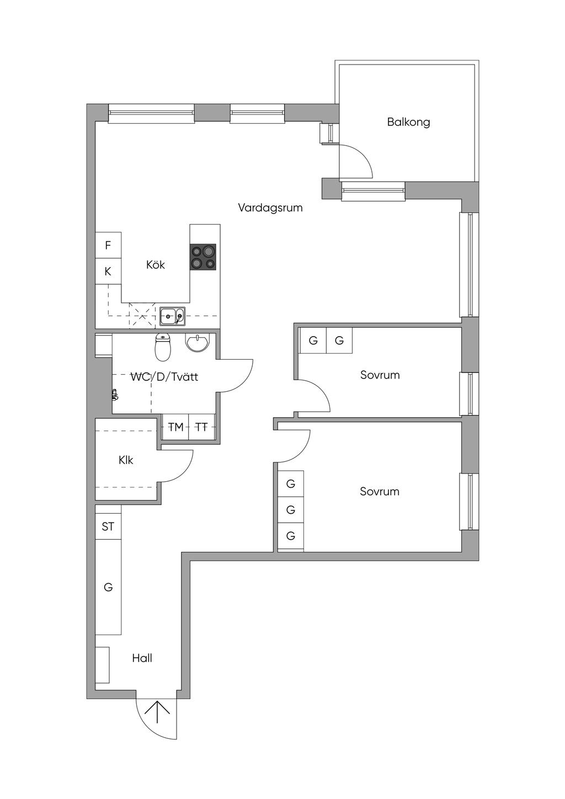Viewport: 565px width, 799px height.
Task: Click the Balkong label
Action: click(408, 122)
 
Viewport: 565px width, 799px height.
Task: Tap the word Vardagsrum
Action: click(270, 208)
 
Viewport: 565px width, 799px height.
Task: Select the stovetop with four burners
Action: click(203, 257)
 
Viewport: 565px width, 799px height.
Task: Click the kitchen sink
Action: click(172, 316)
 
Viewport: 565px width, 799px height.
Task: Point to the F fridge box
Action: click(108, 245)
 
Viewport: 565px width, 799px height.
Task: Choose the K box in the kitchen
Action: click(108, 271)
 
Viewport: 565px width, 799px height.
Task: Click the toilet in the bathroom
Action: click(163, 347)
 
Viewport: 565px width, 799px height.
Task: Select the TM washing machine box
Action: click(175, 427)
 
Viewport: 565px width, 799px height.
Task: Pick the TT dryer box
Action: click(202, 427)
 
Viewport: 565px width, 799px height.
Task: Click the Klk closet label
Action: click(126, 460)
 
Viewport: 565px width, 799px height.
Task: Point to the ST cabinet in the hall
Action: click(108, 527)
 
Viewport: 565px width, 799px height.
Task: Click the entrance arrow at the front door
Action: click(158, 712)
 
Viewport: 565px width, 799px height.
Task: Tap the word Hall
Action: click(142, 658)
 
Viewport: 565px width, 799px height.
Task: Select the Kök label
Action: click(156, 265)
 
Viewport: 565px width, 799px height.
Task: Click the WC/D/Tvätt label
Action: click(164, 377)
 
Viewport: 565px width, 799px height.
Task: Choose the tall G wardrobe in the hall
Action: click(108, 587)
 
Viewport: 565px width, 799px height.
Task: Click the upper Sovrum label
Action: click(380, 375)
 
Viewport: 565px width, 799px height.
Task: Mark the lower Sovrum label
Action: click(380, 492)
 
